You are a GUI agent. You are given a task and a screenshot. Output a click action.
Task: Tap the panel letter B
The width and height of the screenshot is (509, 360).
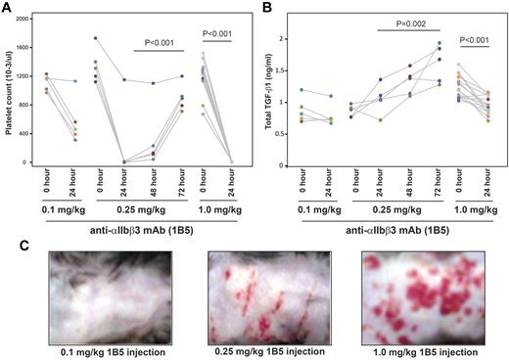pyautogui.click(x=267, y=7)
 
